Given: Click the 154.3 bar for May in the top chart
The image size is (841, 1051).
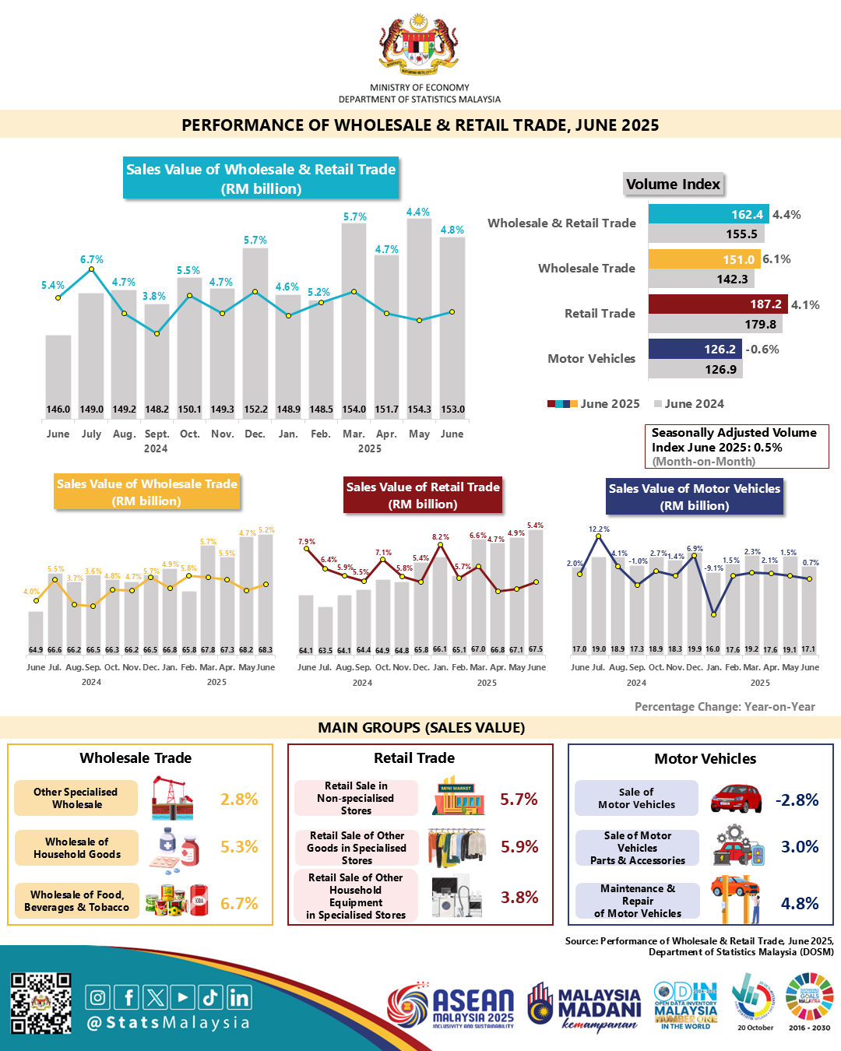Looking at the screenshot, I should click(419, 311).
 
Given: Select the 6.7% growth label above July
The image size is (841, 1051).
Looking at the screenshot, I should click(91, 259).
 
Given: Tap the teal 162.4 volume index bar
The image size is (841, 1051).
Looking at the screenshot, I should click(708, 214).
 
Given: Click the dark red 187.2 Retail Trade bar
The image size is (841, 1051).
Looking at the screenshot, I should click(717, 304).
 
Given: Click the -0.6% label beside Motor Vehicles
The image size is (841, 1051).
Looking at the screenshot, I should click(762, 350).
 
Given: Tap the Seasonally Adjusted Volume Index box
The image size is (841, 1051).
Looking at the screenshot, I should click(736, 446).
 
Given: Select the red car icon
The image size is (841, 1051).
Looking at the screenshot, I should click(736, 799).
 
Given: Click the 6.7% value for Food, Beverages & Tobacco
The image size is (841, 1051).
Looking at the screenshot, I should click(239, 903).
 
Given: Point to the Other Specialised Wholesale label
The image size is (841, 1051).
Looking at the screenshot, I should click(76, 798).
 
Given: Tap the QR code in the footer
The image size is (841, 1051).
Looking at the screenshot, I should click(40, 1004).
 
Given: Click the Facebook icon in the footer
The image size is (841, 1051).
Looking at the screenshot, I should click(126, 997).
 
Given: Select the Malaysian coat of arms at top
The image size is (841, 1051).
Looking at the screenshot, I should click(419, 44).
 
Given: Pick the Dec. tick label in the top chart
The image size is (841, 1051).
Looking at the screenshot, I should click(255, 434).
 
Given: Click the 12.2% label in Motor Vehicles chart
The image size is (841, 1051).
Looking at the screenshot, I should click(599, 529).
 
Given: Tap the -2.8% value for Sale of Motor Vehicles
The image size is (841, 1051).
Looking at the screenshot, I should click(797, 800).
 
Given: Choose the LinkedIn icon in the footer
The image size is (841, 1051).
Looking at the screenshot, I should click(239, 997).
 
